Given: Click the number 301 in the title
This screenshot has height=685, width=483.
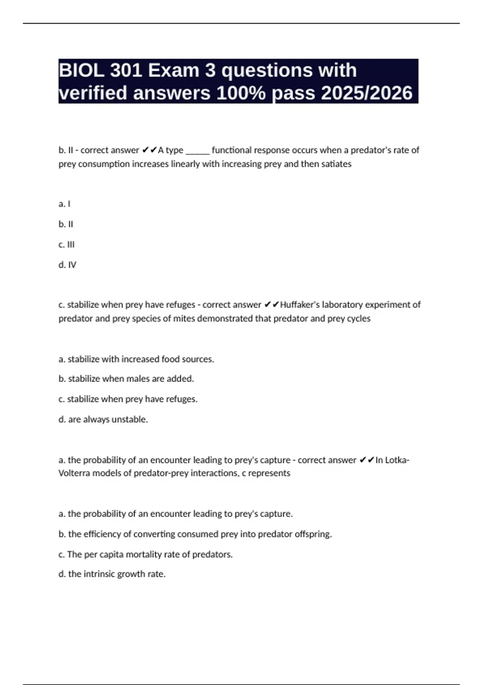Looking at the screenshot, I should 126,71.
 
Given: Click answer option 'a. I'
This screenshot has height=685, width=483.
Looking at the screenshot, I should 64,204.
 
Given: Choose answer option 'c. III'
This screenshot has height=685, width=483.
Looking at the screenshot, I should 66,245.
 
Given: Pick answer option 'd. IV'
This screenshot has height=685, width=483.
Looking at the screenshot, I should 67,265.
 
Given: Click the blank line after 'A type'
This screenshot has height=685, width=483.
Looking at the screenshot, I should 197,151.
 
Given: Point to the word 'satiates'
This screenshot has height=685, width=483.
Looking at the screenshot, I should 336,164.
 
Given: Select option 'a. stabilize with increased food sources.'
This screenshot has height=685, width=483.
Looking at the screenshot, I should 136,359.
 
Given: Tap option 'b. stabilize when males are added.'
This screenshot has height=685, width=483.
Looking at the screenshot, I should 126,379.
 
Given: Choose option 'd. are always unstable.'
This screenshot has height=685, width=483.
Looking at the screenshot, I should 103,419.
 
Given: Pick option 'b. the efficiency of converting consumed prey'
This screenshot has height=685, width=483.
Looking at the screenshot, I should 195,534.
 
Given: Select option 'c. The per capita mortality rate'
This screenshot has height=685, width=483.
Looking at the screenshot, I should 145,554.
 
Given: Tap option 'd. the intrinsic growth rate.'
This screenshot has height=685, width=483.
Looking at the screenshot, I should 112,574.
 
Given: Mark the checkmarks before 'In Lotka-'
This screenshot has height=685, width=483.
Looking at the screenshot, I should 367,460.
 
